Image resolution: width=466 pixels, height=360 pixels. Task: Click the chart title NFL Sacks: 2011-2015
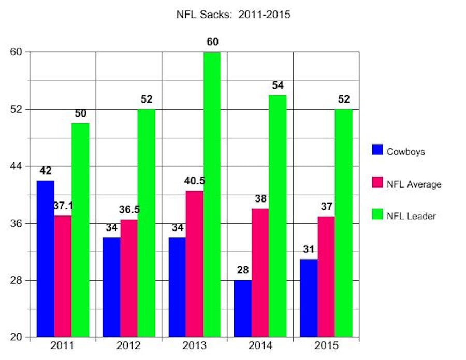click(233, 15)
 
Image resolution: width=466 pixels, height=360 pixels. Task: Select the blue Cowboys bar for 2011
click(46, 259)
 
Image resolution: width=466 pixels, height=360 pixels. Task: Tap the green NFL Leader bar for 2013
click(212, 194)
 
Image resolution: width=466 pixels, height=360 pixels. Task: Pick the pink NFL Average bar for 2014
click(260, 272)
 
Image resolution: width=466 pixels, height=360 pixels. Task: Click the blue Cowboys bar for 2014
click(243, 309)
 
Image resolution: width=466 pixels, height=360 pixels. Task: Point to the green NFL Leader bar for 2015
click(343, 223)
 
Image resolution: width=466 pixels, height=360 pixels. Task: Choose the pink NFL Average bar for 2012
click(129, 278)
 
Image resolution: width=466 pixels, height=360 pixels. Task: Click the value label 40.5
click(195, 181)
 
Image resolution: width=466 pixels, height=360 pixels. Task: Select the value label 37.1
click(63, 206)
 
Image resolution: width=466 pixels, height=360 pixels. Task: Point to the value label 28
click(243, 271)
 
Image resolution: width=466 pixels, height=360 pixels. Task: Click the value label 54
click(278, 85)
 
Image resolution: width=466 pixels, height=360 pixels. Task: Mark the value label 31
click(309, 250)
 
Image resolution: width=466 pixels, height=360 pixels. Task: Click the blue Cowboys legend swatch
click(378, 150)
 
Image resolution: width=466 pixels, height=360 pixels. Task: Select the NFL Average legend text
click(414, 184)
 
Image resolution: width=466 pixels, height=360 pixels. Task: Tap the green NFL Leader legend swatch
click(378, 215)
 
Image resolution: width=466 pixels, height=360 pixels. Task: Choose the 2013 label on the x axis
click(195, 345)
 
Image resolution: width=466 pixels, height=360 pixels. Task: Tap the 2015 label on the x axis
click(326, 345)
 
